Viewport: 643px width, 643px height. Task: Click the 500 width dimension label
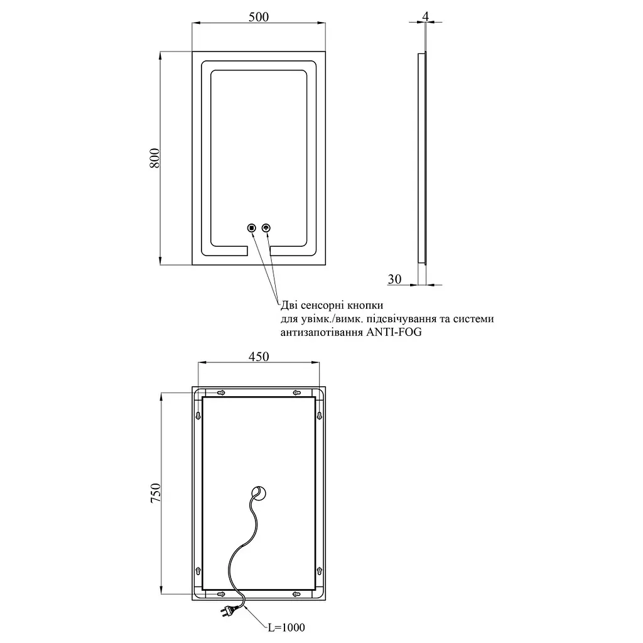click(259, 17)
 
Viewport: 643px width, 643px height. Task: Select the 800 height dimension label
click(154, 158)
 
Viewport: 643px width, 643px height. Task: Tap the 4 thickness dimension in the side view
click(426, 17)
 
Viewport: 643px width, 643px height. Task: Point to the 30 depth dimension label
click(394, 279)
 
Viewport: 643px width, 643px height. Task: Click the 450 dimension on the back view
click(259, 357)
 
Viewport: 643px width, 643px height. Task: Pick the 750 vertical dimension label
click(156, 494)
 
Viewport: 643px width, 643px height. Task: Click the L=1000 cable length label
click(286, 627)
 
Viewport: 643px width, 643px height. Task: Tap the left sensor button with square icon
click(252, 228)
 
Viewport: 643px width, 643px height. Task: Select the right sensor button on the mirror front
click(266, 228)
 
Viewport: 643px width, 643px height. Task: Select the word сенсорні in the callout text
click(323, 306)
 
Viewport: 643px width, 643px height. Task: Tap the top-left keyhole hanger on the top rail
click(221, 393)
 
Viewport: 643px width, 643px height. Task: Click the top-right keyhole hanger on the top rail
click(297, 393)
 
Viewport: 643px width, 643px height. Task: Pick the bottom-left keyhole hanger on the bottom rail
click(221, 594)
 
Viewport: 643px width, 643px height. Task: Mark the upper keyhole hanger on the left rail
click(198, 416)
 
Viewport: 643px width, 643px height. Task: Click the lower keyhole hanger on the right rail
click(320, 571)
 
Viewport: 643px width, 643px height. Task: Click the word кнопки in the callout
click(365, 306)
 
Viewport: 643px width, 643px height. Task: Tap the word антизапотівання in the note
click(322, 332)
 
